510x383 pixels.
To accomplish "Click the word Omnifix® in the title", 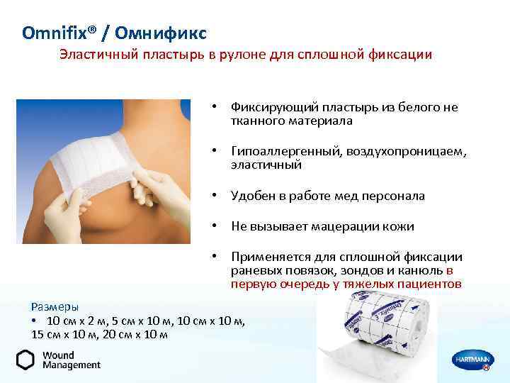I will (54, 32).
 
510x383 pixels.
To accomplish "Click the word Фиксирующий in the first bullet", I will (273, 107).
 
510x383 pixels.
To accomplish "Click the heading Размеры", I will (55, 306).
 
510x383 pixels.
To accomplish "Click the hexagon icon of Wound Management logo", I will (25, 360).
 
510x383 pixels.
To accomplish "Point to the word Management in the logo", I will (72, 365).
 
